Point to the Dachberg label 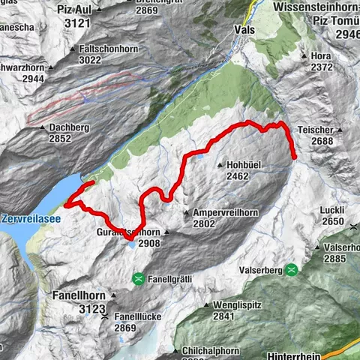tap(71, 127)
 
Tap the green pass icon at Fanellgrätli tap(137, 279)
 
